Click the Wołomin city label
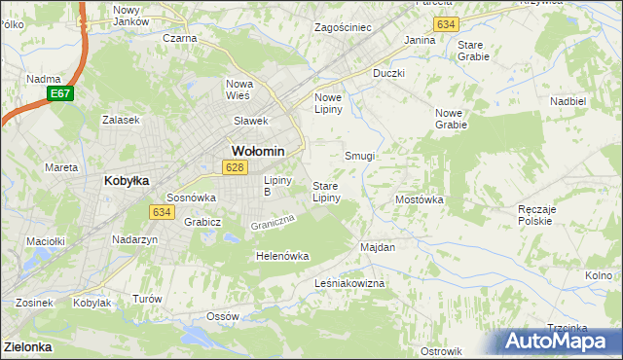point(257,151)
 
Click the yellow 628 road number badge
point(233,167)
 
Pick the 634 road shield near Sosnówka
point(162,211)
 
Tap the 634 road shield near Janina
point(447,23)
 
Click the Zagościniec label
point(343,27)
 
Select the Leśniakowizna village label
point(350,283)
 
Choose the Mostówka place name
point(420,199)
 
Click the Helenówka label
point(281,256)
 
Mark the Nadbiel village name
point(594,100)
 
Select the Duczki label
point(388,73)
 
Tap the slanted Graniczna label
point(272,223)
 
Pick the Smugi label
point(360,156)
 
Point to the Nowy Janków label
point(131,15)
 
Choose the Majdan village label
point(378,247)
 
